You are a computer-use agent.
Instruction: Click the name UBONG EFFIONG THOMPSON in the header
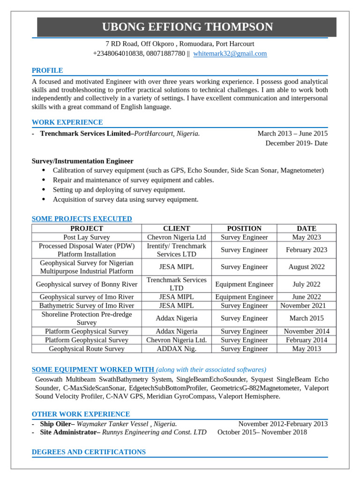click(187, 27)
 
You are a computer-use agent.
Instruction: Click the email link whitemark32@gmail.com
click(230, 53)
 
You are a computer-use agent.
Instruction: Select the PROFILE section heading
click(47, 70)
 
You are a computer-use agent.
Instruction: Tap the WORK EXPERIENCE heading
click(67, 122)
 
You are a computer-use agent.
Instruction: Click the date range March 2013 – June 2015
click(292, 134)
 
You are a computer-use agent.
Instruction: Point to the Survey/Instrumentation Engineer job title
click(82, 161)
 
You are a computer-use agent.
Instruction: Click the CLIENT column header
click(176, 228)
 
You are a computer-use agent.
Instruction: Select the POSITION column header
click(244, 228)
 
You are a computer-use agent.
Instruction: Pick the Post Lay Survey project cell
click(86, 237)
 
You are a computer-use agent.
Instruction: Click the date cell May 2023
click(307, 237)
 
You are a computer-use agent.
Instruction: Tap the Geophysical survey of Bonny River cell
click(86, 284)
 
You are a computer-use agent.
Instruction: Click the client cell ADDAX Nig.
click(176, 349)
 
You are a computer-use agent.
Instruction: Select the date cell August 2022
click(307, 267)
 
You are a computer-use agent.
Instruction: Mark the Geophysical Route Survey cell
click(86, 349)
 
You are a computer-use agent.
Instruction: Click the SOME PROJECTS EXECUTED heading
click(82, 219)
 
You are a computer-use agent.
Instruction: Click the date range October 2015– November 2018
click(262, 432)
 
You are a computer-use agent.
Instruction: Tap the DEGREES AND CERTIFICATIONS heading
click(89, 452)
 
